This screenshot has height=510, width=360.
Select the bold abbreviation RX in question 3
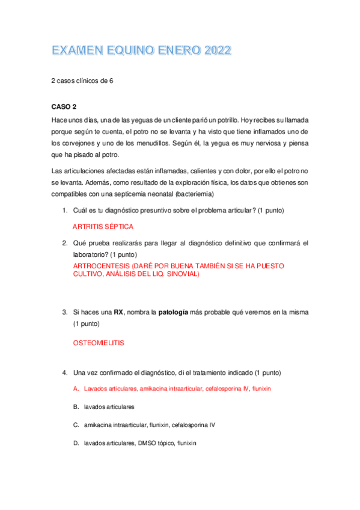[x=119, y=312]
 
